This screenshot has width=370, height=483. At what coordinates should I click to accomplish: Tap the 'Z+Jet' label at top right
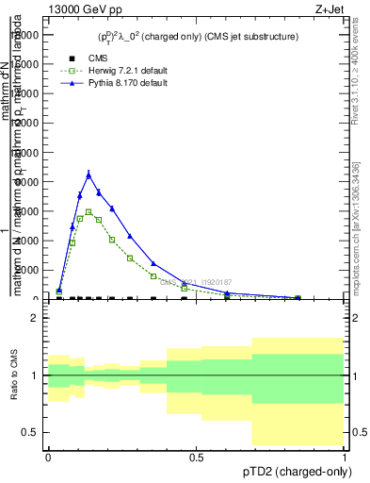coord(330,9)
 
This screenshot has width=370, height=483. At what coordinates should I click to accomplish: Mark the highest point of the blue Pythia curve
coord(88,174)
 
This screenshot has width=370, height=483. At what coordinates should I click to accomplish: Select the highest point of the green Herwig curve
coord(88,212)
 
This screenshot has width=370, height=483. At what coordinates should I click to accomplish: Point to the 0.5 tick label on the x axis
coord(197,458)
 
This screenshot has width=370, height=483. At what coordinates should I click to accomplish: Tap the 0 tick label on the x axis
coord(48,458)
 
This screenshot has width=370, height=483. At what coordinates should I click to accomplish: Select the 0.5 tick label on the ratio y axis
coord(30,432)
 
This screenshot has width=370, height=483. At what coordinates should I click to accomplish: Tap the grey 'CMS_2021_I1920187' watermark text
coord(195,282)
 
